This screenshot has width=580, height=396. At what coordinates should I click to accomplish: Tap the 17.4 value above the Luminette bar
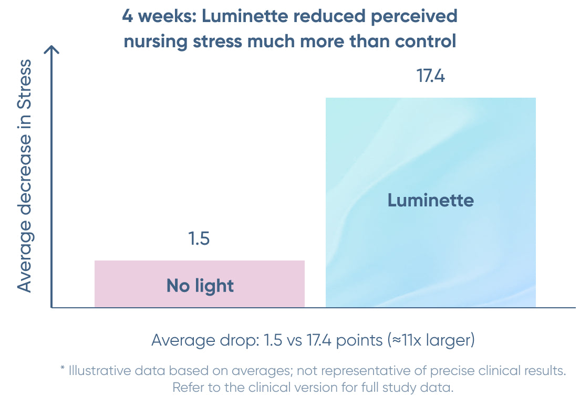[x=431, y=76]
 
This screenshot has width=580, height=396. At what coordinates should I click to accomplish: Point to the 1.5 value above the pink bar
[x=199, y=239]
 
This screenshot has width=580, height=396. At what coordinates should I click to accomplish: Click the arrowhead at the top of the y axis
[x=51, y=50]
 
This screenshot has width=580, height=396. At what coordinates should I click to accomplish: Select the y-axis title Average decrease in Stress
[x=25, y=176]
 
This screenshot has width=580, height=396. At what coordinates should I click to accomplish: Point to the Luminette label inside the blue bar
[x=431, y=200]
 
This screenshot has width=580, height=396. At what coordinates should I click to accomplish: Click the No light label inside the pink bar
[x=200, y=286]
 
